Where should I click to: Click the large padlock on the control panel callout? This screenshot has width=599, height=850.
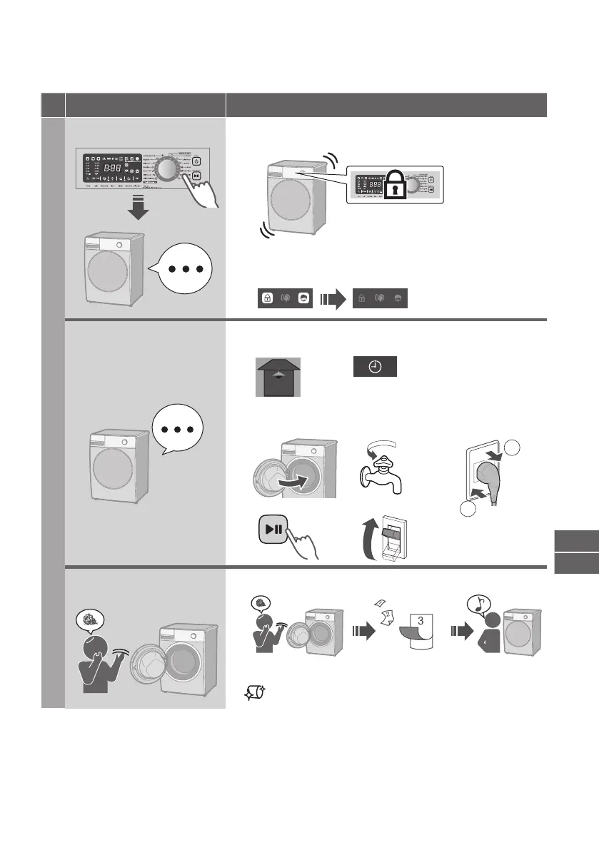coord(394,188)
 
